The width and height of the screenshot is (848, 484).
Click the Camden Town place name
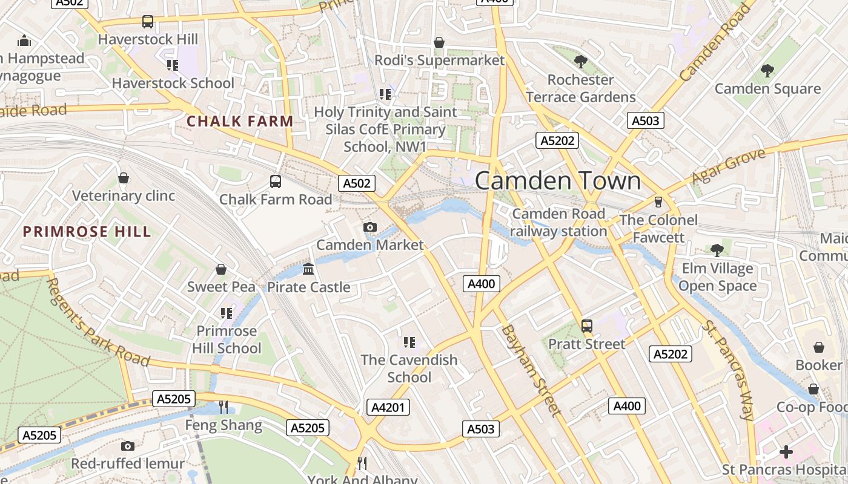[x=557, y=181]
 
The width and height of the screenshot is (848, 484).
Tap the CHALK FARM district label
[x=240, y=121]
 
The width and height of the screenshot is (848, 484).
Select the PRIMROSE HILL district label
[x=87, y=232]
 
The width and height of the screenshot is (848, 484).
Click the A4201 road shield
[x=388, y=407]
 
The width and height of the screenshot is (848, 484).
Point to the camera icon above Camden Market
[x=369, y=227]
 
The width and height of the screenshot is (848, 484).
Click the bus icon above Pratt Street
[x=586, y=326]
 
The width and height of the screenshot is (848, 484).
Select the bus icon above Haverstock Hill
[x=148, y=22]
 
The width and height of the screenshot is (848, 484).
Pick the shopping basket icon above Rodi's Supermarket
[x=439, y=42]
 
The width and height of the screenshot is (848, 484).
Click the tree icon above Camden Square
[x=767, y=71]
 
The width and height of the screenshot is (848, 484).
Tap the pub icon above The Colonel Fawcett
[x=658, y=202]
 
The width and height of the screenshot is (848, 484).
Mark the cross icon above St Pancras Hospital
[x=786, y=452]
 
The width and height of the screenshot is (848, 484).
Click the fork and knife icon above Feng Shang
[x=224, y=407]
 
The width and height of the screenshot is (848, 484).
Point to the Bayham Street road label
[x=529, y=370]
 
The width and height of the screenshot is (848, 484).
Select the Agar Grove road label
[x=729, y=166]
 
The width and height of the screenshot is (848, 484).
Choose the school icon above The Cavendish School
[x=409, y=342]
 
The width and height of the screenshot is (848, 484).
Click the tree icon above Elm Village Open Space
[x=717, y=250]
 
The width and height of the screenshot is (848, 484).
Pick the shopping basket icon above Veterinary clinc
[x=124, y=178]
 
